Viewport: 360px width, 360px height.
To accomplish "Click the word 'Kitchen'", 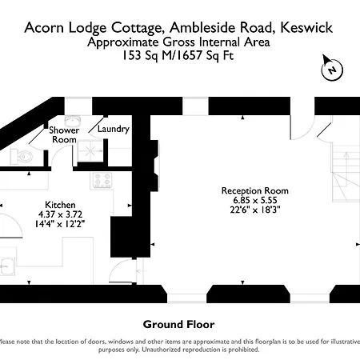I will tap(59, 204).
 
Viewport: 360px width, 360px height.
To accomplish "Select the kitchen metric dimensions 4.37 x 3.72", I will tap(59, 214).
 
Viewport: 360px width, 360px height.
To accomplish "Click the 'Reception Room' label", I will tap(254, 190).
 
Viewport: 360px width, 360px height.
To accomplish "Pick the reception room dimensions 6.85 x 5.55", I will tap(254, 200).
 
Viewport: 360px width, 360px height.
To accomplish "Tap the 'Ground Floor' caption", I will tap(179, 324).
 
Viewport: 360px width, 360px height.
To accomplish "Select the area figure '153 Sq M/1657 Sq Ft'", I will tap(178, 56).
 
